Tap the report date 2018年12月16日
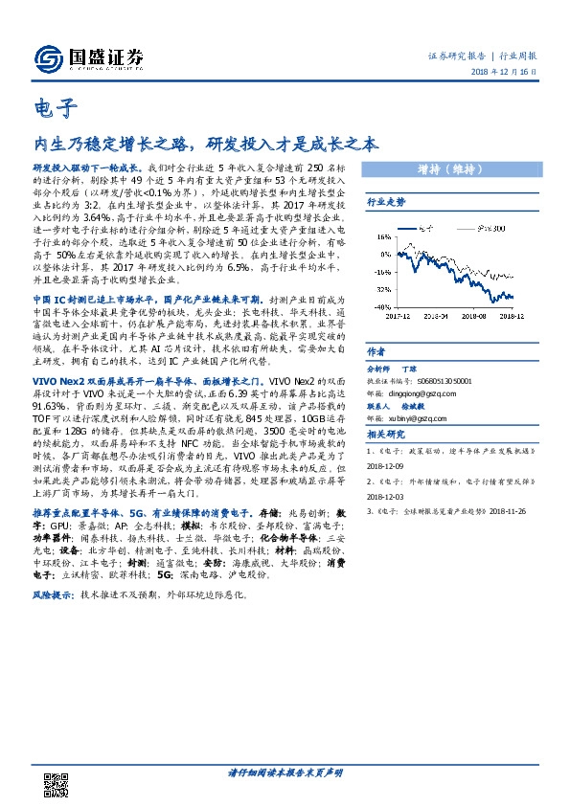click(x=506, y=75)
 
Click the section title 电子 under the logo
click(x=49, y=108)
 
